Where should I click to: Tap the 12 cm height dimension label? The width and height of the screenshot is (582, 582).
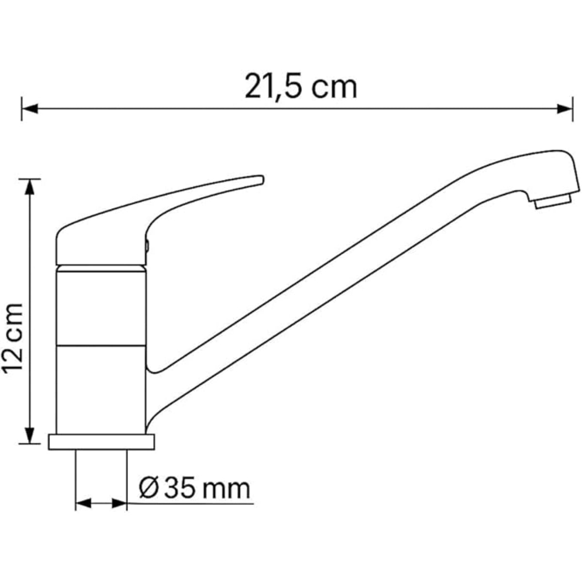coord(13,338)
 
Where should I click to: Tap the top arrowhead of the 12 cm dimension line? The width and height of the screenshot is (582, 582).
coord(31,187)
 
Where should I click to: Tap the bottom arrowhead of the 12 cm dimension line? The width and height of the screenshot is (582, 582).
coord(31,435)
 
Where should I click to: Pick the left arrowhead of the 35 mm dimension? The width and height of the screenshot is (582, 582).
coord(84,503)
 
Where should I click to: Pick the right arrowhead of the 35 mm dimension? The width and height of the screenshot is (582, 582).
coord(119,503)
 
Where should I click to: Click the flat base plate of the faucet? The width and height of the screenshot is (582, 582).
coord(101,442)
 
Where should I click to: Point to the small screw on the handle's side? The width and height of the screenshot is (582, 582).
coord(147,246)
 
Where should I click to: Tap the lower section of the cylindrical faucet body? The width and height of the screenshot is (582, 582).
coord(101,388)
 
